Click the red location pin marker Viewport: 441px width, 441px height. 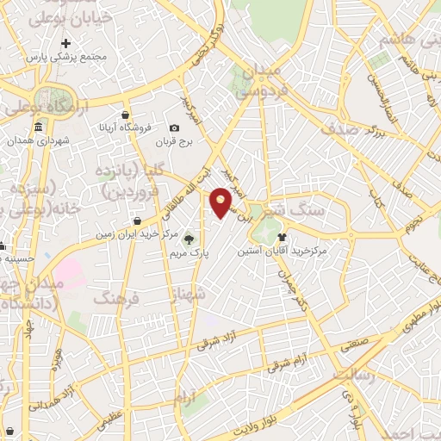click(x=221, y=202)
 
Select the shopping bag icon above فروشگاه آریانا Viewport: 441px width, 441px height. click(x=126, y=115)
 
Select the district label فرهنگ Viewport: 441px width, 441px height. click(x=120, y=299)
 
